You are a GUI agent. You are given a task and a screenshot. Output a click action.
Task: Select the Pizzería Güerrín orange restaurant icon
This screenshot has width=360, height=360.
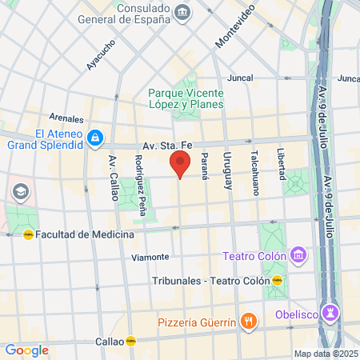click(x=249, y=322)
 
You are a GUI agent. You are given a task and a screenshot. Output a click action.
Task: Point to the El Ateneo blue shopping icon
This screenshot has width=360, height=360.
click(x=94, y=139)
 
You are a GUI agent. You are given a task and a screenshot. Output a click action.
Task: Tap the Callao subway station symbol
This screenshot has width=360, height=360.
click(x=130, y=341)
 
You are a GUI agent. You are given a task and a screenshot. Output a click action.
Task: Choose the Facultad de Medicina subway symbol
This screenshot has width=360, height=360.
click(x=28, y=235)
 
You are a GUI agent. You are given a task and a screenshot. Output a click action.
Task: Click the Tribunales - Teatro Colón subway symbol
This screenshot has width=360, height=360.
click(x=277, y=281)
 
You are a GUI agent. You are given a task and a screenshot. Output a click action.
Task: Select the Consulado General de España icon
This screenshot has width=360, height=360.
click(x=183, y=12)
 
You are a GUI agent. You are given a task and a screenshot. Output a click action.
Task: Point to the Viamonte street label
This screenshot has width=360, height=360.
click(x=150, y=257)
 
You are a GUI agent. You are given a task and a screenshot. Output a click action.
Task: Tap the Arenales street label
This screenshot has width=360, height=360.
click(x=66, y=117)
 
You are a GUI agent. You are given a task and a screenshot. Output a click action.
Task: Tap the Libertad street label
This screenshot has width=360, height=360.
click(x=281, y=163)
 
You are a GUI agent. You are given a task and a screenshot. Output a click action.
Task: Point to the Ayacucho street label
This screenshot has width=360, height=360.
click(x=102, y=54)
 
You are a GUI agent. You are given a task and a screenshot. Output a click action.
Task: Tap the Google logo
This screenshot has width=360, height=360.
click(x=26, y=350)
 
